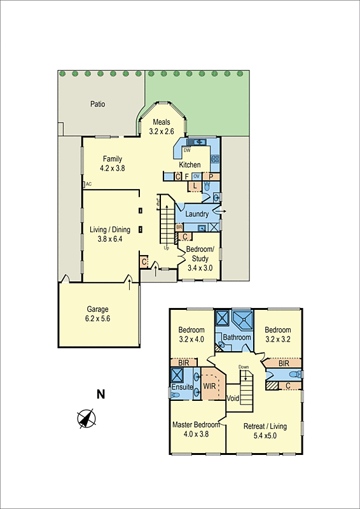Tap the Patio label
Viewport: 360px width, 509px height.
coord(97,104)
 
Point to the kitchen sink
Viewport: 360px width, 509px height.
coord(196,142)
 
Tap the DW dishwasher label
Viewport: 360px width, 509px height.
coord(187,151)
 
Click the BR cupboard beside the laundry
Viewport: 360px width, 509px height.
coord(179,227)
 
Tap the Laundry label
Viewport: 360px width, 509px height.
coord(197,214)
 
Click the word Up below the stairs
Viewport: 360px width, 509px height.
coord(166,248)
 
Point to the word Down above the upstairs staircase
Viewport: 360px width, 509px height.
coord(244,367)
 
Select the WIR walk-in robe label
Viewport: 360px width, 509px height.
coord(209,386)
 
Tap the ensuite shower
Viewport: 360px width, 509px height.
coord(177,374)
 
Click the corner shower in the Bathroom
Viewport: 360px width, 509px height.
coord(242,318)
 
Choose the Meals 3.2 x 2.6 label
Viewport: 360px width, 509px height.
coord(162,127)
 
